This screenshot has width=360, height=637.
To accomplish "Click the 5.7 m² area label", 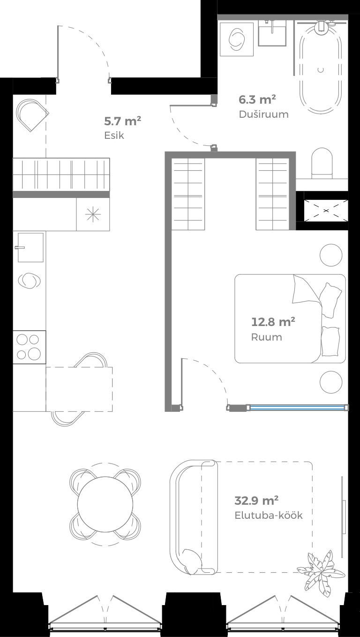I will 123,121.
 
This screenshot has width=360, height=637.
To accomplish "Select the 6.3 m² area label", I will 257,99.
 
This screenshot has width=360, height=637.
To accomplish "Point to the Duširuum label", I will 263,114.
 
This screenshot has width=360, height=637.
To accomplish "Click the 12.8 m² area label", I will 273,322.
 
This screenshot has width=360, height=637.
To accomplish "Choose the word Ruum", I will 267,337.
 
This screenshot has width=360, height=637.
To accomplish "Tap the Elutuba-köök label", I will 269,515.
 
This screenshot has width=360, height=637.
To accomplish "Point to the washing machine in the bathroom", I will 237,39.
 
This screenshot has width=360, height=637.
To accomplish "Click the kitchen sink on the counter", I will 30,247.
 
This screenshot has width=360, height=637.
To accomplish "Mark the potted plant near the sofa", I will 319,570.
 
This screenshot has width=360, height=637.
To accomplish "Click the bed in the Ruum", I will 290,318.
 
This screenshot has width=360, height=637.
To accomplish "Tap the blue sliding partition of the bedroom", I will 298,407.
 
